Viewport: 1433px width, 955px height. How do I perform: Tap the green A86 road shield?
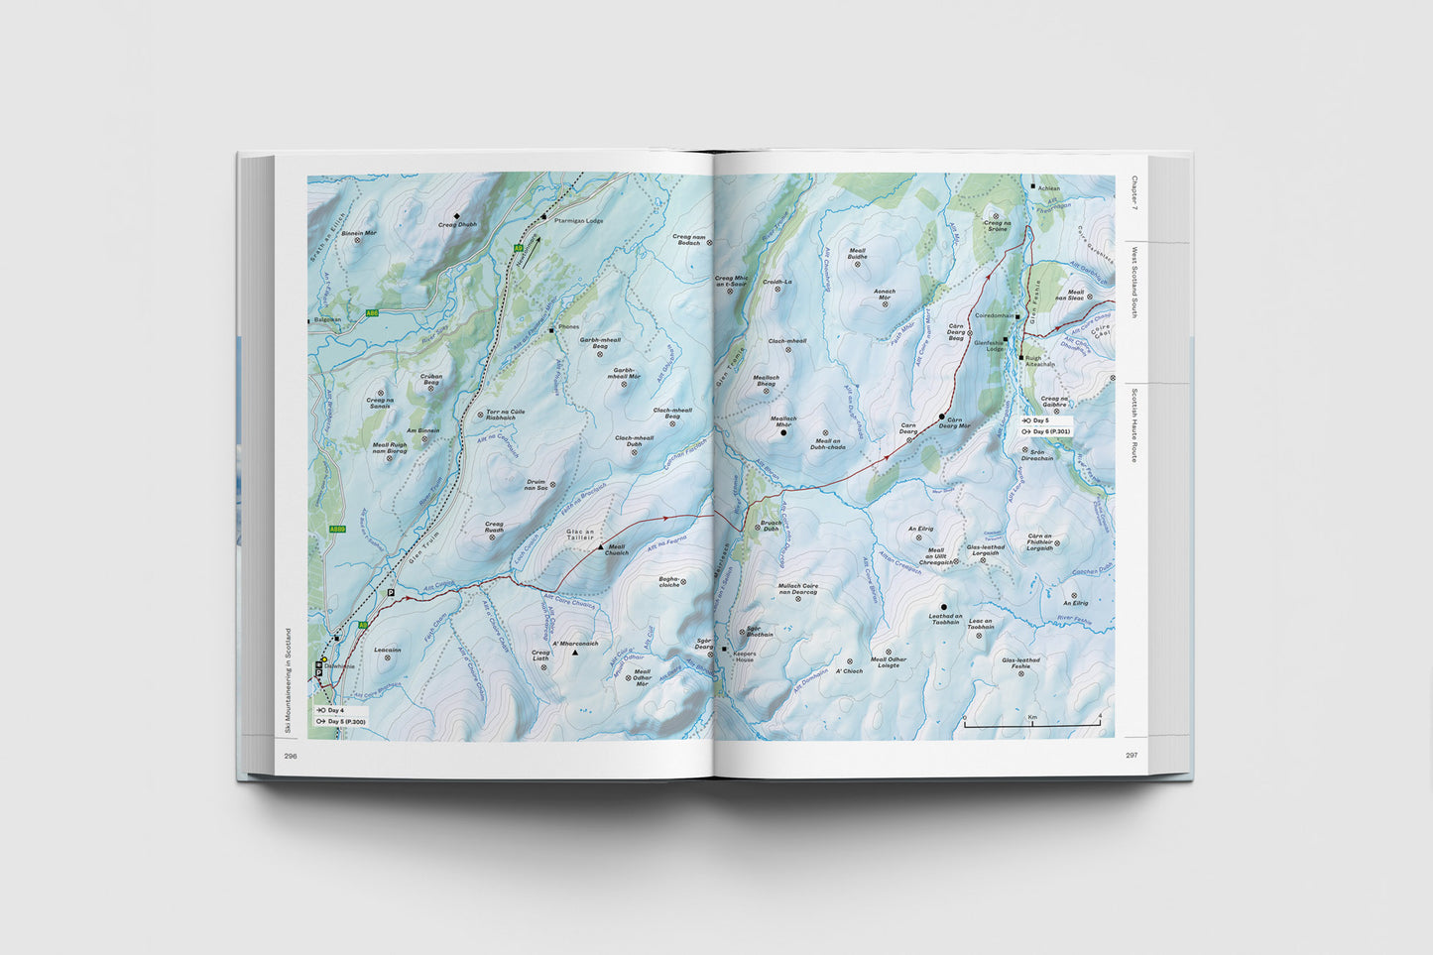click(372, 313)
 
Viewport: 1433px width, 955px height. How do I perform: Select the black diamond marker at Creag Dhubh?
click(457, 215)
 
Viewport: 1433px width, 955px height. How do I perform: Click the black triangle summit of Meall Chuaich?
click(599, 545)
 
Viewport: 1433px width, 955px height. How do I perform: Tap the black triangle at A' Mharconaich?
click(574, 653)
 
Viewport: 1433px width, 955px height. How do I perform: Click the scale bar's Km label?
click(1032, 715)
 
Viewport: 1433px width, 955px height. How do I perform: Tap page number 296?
click(291, 756)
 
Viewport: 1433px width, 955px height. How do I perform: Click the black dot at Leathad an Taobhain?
click(943, 606)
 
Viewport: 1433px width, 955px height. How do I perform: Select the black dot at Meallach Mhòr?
click(783, 432)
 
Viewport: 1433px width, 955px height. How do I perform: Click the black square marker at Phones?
click(550, 327)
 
